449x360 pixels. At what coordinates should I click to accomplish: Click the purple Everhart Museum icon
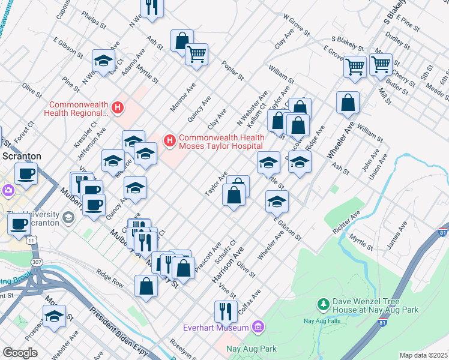pos(258,327)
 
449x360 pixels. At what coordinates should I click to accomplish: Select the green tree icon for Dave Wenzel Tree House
pos(324,305)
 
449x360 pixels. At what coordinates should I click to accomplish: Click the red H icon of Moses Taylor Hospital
pos(169,141)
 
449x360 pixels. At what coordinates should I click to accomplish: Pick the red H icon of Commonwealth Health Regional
pos(118,108)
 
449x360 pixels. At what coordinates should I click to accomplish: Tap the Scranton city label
pos(20,156)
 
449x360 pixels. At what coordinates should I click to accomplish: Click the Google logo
pos(20,353)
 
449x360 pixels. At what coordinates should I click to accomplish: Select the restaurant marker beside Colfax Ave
pos(226,311)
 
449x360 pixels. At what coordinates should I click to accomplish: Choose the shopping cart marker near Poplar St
pos(196,54)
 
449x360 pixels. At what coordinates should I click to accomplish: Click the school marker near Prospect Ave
pos(54,316)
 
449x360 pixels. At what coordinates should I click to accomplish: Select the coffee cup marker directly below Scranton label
pos(26,174)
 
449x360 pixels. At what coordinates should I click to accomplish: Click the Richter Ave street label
pos(346,223)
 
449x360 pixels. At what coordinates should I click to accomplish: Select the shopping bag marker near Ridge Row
pos(146,286)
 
